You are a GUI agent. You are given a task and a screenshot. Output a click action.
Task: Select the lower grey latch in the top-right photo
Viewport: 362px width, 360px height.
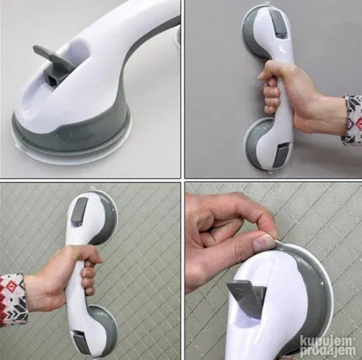click(x=282, y=155)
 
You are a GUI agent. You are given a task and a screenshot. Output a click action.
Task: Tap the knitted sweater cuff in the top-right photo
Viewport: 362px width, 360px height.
click(x=352, y=120)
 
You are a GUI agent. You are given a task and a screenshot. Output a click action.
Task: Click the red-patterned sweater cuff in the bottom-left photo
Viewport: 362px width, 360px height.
click(x=12, y=301)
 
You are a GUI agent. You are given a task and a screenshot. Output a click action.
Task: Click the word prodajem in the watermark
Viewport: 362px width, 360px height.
click(x=328, y=351)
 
